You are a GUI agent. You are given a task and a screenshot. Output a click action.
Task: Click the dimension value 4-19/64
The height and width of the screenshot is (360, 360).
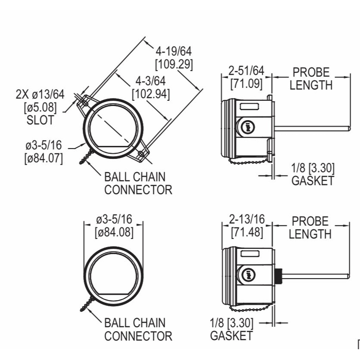click(x=174, y=51)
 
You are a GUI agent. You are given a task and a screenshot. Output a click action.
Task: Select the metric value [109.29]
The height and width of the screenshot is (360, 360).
click(x=174, y=64)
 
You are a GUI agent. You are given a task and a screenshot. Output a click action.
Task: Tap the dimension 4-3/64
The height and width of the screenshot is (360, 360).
click(x=150, y=81)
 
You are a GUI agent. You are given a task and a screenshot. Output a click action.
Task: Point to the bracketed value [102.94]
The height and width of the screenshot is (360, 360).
click(x=150, y=94)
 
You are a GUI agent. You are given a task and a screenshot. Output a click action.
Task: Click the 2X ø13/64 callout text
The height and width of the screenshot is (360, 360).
click(x=40, y=94)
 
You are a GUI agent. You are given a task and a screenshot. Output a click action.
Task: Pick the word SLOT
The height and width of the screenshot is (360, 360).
click(x=40, y=120)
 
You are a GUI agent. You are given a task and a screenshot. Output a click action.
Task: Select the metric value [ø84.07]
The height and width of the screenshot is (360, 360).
click(x=44, y=158)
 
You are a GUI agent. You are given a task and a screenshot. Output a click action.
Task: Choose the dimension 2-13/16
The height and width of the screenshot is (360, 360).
click(x=247, y=220)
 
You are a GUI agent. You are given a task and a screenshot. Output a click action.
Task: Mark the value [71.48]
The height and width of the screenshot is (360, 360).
click(x=247, y=233)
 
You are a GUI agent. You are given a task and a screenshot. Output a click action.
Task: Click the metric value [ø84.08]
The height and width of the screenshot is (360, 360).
click(x=114, y=233)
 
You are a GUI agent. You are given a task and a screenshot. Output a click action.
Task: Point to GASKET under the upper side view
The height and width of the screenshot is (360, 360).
click(x=313, y=181)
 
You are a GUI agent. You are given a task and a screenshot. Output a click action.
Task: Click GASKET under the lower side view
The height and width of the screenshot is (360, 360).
click(x=231, y=335)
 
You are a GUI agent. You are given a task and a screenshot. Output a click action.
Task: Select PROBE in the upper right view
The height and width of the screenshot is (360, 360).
click(x=311, y=72)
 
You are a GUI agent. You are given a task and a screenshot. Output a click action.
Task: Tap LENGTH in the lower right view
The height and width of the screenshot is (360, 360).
click(x=310, y=234)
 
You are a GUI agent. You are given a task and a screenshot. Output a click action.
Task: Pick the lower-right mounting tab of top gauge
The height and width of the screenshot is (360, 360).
click(x=142, y=153)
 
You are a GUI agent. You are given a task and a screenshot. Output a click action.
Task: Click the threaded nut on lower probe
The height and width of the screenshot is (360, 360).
click(x=279, y=274)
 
